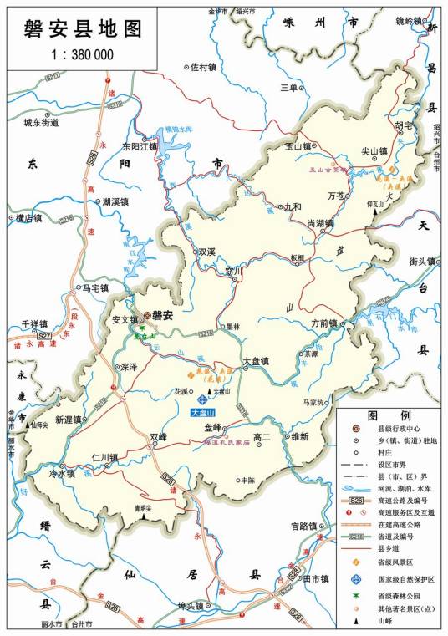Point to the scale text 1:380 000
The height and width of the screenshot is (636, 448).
pyautogui.click(x=79, y=54)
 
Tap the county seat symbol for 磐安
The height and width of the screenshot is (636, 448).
pyautogui.click(x=146, y=316)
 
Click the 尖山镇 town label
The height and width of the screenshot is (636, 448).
pyautogui.click(x=374, y=151)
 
